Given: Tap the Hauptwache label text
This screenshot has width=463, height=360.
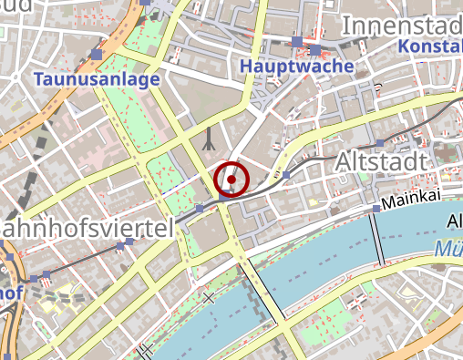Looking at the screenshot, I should (x=283, y=67).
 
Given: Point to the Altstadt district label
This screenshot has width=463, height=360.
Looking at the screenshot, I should (x=382, y=161).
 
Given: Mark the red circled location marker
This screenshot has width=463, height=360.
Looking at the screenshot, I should (x=231, y=180).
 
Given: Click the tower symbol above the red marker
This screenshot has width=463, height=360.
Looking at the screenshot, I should (x=211, y=138).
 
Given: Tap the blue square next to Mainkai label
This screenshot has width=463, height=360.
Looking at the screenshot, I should (x=375, y=210).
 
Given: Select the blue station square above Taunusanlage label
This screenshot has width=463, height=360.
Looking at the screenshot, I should (x=97, y=57).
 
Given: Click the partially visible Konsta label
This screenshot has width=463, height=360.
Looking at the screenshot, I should (x=430, y=46).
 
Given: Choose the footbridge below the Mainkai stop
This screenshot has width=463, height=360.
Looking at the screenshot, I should (x=377, y=239).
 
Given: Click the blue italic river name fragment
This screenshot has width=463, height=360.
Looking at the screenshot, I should (x=448, y=248).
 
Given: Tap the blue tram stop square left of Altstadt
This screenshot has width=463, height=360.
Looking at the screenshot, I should (x=380, y=144).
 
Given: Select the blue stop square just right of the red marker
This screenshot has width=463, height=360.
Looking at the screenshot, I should (x=286, y=173).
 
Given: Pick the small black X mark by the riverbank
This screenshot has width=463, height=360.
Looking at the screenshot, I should (x=210, y=298).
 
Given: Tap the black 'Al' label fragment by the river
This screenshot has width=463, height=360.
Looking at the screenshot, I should (x=453, y=221).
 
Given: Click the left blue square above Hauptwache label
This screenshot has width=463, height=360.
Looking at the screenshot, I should (x=297, y=41).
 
